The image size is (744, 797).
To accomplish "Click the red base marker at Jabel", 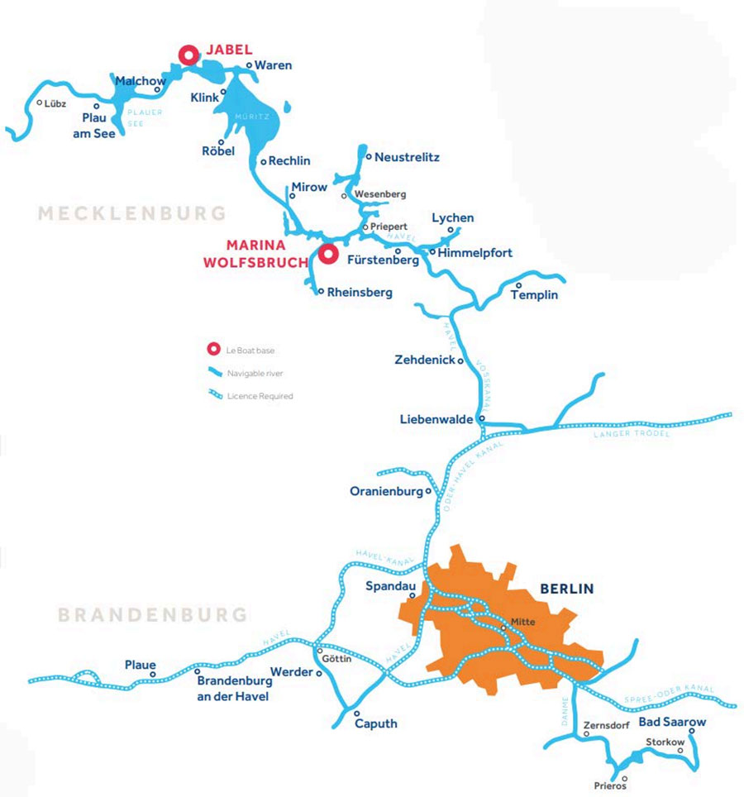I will [188, 55].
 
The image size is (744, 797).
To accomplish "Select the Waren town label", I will [273, 65].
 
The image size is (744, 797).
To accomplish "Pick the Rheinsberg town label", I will [360, 292].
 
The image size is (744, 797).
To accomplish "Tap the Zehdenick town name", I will [425, 360].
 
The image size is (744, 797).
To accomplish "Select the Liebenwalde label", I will [437, 419].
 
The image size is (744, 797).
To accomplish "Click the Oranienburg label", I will [386, 491].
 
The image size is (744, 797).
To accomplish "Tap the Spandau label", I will [389, 585].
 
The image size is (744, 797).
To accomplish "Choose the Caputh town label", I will [375, 723].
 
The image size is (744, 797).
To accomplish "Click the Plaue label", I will [140, 664].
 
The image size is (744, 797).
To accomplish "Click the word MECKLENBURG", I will [131, 213].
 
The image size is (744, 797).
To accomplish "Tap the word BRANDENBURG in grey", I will [152, 615].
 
